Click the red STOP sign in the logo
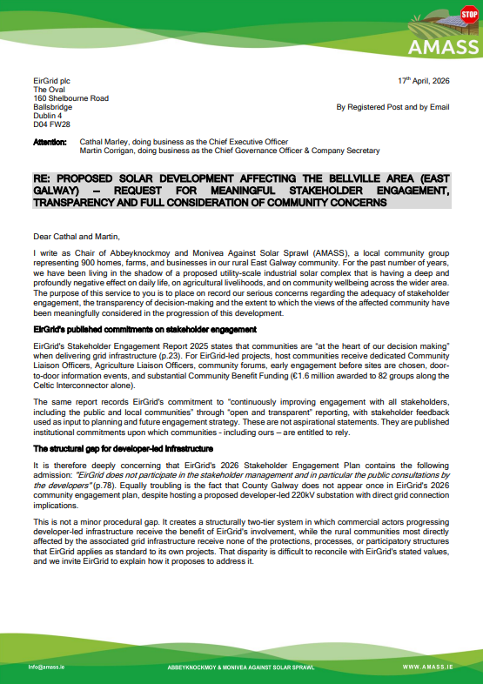coord(468,16)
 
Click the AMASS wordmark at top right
coord(445,44)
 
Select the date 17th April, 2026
coord(421,81)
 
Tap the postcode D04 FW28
coord(54,124)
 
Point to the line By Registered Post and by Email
coord(392,107)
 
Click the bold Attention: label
coord(50,141)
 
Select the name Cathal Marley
coord(106,141)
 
